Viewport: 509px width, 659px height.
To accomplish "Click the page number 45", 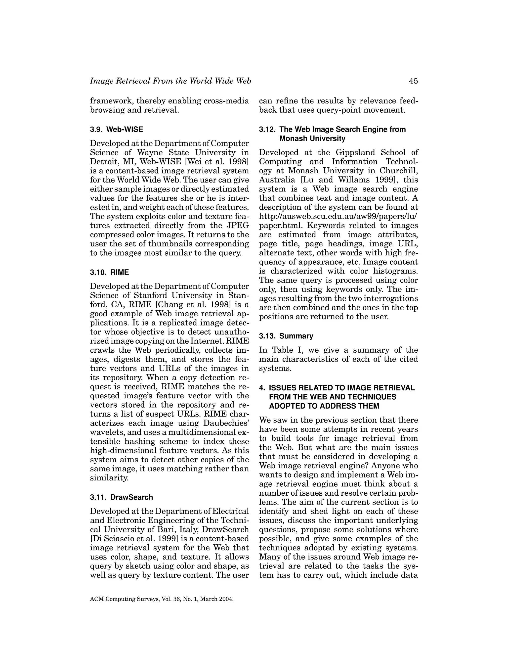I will point(413,81).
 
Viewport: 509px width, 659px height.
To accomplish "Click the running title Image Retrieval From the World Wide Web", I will point(170,81).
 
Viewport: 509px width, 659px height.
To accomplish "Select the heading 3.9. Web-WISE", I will point(116,130).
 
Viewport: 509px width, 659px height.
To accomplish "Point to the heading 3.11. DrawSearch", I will point(121,497).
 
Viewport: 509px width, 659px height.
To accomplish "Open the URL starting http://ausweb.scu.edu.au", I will point(338,216).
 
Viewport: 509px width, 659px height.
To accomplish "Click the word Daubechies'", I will point(226,423).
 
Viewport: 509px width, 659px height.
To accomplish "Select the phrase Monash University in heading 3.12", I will point(312,139).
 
